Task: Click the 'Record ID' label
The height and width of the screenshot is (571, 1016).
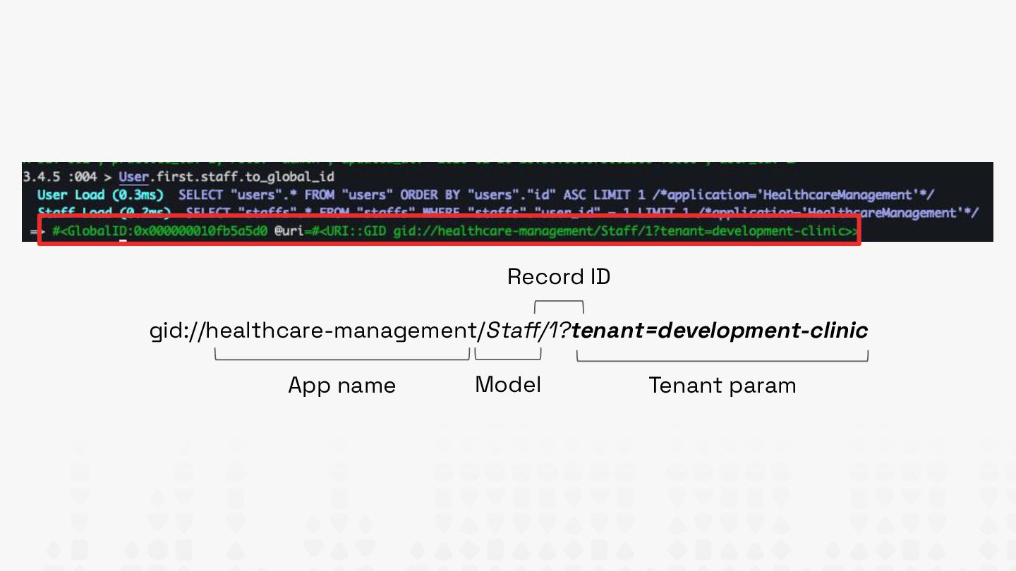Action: [x=558, y=277]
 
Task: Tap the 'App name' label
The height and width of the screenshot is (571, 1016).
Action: [x=341, y=386]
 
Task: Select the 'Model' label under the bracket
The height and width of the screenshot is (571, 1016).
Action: [x=508, y=385]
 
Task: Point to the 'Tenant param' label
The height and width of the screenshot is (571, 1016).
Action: [x=722, y=386]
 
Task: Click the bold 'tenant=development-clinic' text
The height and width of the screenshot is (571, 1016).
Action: [x=720, y=331]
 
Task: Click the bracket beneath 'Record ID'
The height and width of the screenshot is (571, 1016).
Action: [x=559, y=305]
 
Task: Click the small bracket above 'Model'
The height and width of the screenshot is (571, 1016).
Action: [x=508, y=357]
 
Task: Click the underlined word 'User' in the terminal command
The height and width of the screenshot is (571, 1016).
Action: [x=133, y=176]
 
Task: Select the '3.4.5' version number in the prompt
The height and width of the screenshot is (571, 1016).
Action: [x=40, y=176]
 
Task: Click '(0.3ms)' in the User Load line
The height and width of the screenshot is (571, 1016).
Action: [x=138, y=195]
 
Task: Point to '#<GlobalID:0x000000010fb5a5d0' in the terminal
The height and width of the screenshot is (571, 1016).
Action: [x=159, y=231]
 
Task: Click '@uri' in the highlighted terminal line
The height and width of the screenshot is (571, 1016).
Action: [x=289, y=231]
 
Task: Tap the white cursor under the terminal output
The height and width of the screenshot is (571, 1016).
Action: [x=122, y=241]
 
